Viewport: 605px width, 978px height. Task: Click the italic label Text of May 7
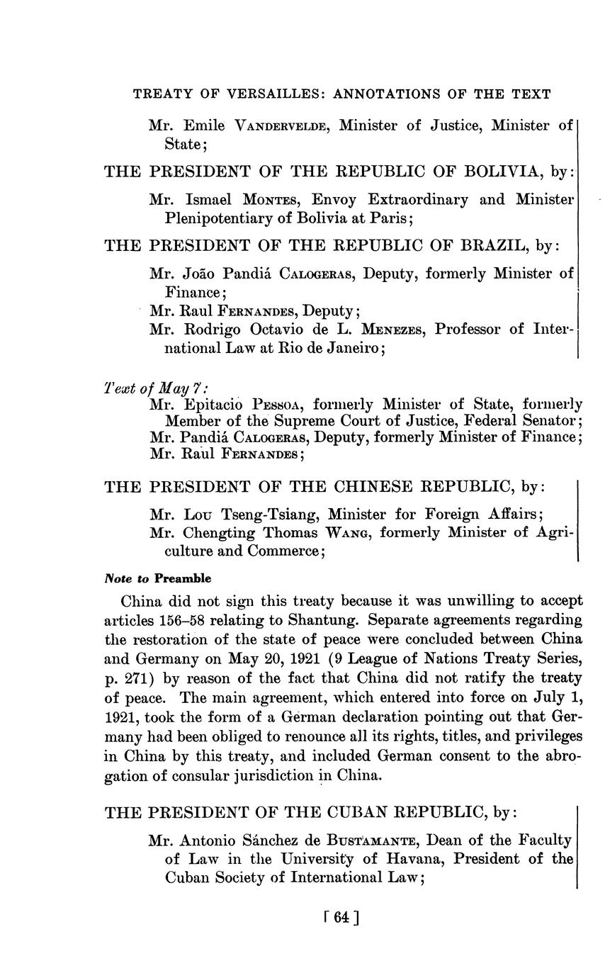[x=156, y=388]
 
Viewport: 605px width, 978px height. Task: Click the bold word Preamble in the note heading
[x=183, y=578]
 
